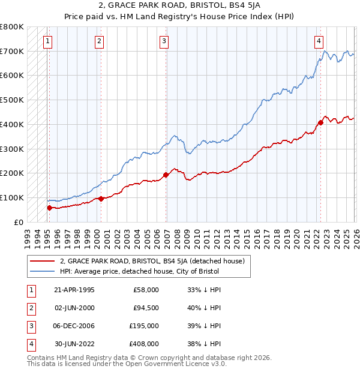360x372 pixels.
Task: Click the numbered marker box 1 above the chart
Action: point(47,41)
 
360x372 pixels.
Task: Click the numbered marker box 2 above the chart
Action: point(98,41)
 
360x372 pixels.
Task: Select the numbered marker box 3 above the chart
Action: point(164,41)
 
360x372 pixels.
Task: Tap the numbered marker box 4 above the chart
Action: point(319,41)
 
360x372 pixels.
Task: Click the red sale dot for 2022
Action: point(320,122)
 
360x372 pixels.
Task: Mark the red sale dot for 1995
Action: point(49,208)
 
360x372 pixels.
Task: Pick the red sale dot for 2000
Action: point(101,199)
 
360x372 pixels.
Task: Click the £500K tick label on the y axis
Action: point(12,100)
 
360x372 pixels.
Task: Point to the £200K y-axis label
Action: point(12,173)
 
